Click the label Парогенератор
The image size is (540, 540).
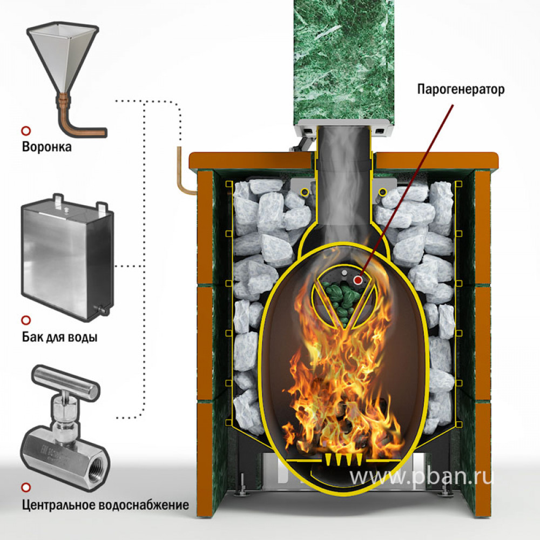461,90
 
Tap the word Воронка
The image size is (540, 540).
47,147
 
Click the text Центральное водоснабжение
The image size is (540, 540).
105,505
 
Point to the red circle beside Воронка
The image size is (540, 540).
26,131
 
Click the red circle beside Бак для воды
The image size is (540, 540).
26,320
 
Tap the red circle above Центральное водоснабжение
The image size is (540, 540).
26,488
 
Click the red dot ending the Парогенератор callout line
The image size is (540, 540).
358,280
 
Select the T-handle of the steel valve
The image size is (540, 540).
65,381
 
